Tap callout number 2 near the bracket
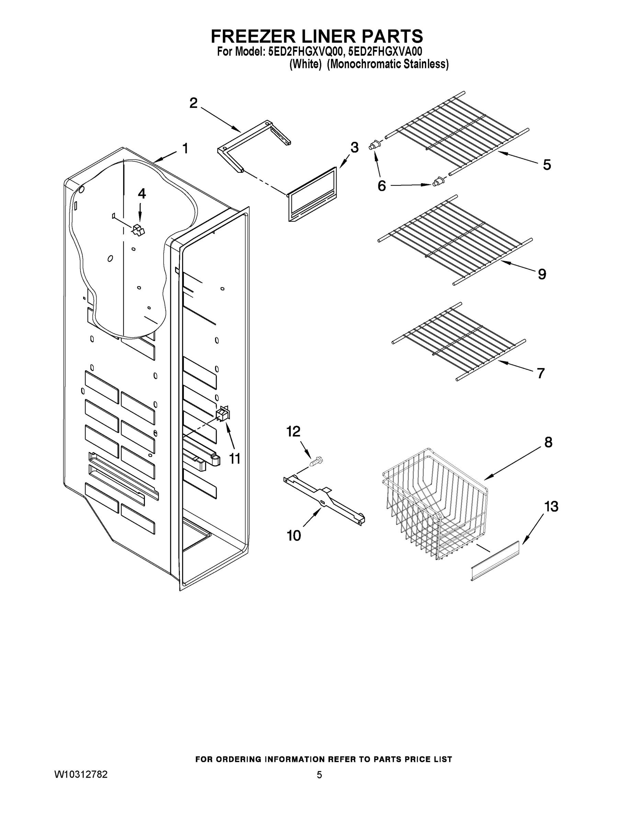pyautogui.click(x=193, y=103)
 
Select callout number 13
pyautogui.click(x=551, y=507)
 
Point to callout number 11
pyautogui.click(x=235, y=459)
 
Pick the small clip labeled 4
pyautogui.click(x=138, y=230)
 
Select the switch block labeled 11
pyautogui.click(x=223, y=413)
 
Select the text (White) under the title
pyautogui.click(x=305, y=65)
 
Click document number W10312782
pyautogui.click(x=81, y=775)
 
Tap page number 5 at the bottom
pyautogui.click(x=319, y=775)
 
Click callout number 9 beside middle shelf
pyautogui.click(x=542, y=274)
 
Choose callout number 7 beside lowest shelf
pyautogui.click(x=541, y=373)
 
